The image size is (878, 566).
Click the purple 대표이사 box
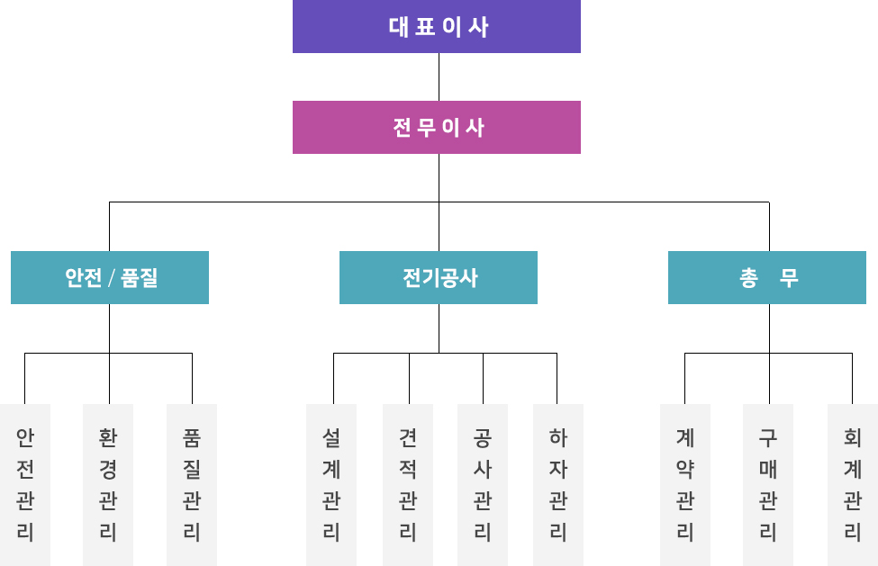point(436,26)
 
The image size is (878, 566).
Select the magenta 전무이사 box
point(436,127)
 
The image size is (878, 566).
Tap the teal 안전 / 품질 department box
point(110,277)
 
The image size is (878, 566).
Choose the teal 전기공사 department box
point(439,277)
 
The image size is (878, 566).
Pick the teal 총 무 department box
point(767,277)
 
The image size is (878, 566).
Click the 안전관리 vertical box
point(25,485)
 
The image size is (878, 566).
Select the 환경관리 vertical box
point(108,485)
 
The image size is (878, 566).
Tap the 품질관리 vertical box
point(192,485)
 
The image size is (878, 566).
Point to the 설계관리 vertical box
point(330,485)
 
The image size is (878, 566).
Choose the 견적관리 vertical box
point(408,485)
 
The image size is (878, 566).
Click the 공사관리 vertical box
point(483,485)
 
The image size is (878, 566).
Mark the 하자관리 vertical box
point(558,485)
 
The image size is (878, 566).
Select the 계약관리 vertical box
point(684,485)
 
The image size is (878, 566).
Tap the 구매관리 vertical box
point(768,485)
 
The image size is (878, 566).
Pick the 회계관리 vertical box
point(853,485)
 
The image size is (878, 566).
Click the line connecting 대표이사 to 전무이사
point(439,77)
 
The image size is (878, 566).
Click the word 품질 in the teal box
point(140,277)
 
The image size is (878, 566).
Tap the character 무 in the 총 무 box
point(789,277)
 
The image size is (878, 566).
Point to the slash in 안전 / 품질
point(112,278)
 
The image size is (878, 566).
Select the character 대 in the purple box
point(399,27)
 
